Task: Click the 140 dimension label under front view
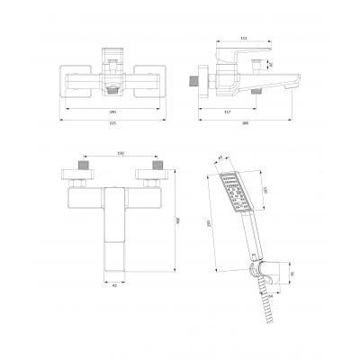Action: pos(111,112)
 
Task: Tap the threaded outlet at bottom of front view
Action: pos(111,90)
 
